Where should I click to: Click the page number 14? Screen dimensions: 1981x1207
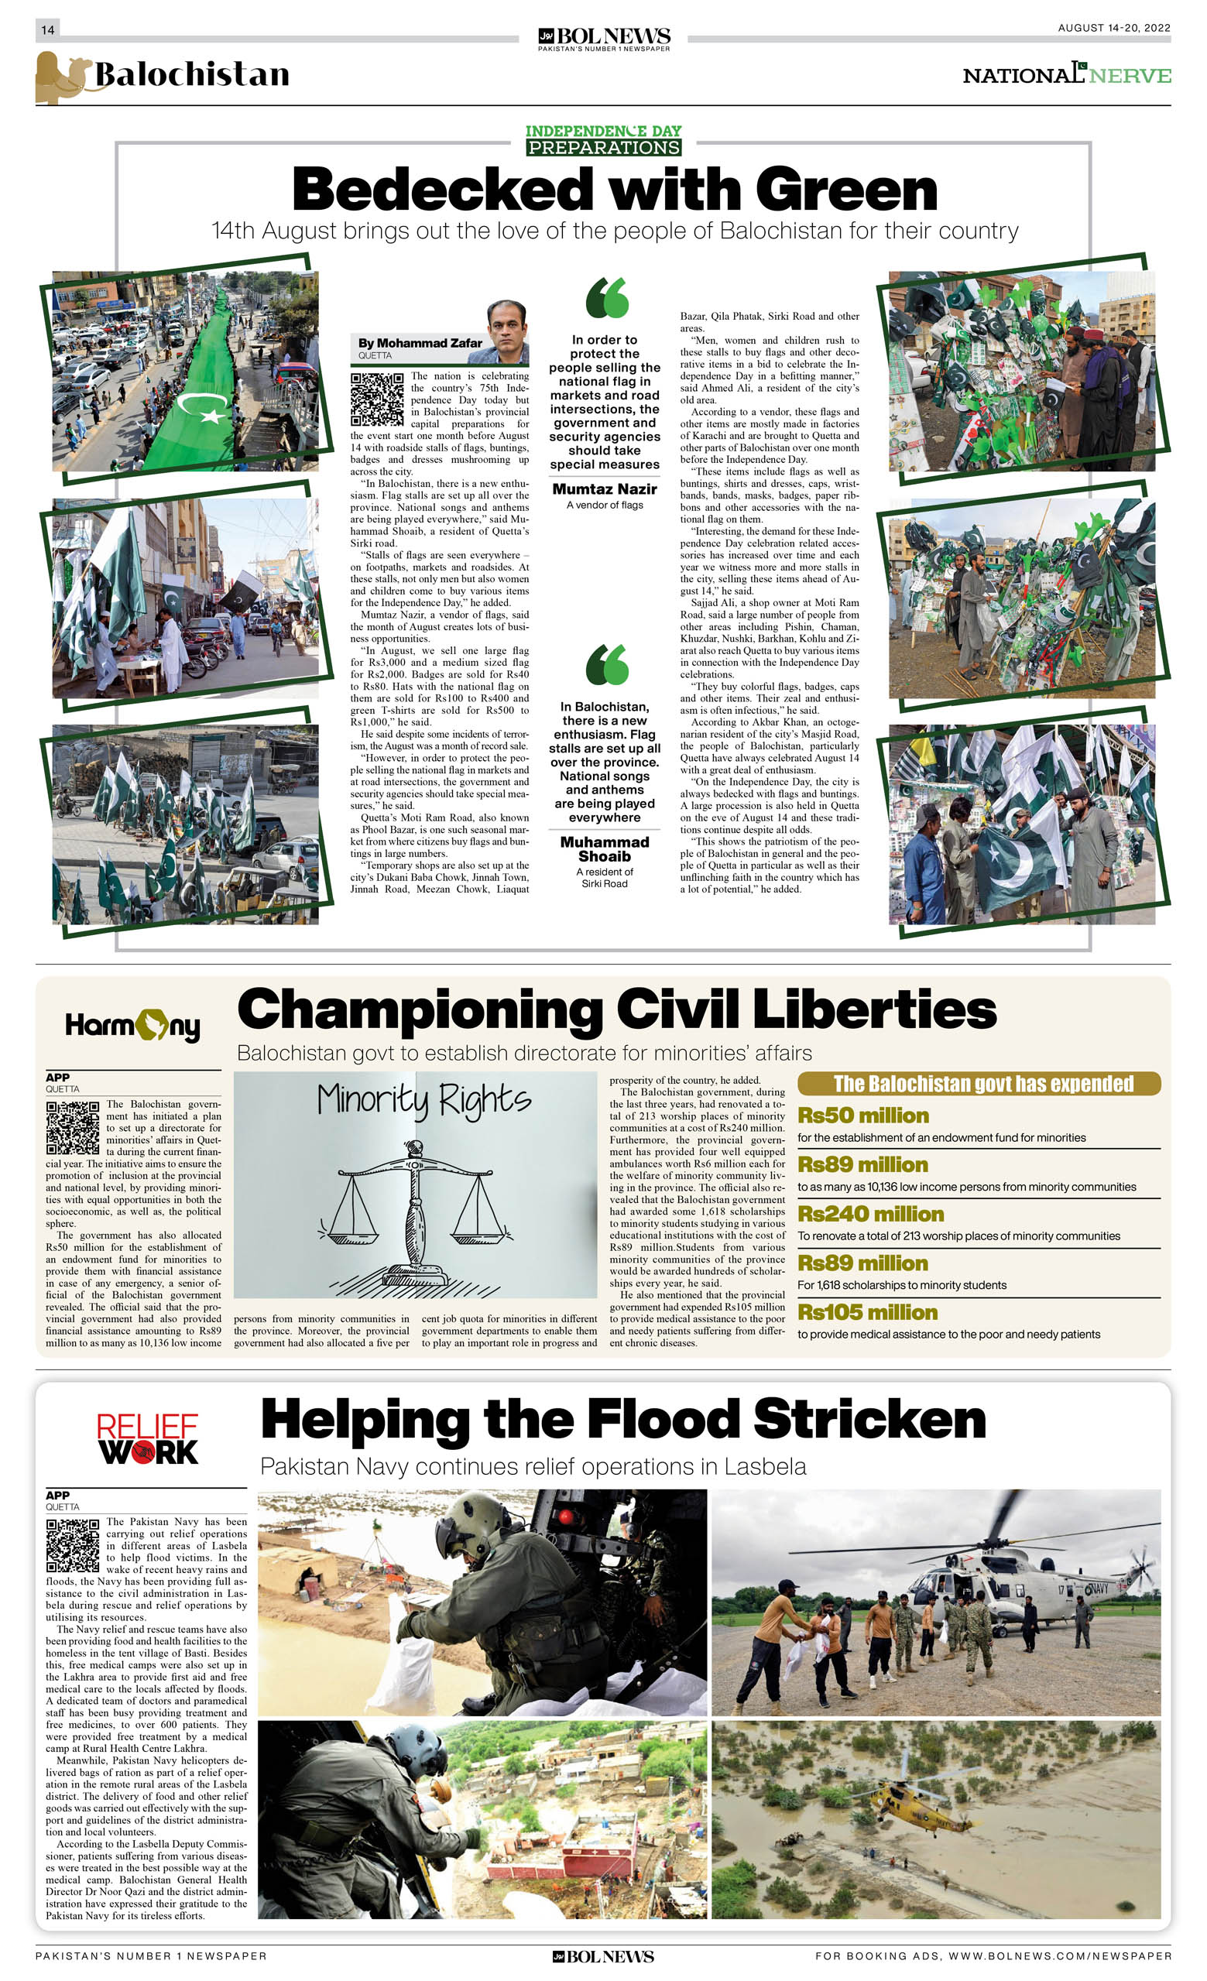pyautogui.click(x=47, y=29)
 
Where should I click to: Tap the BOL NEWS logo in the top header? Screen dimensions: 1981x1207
pyautogui.click(x=604, y=38)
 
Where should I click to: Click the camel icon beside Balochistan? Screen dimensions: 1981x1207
pyautogui.click(x=62, y=76)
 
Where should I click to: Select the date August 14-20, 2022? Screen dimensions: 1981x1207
pyautogui.click(x=1114, y=28)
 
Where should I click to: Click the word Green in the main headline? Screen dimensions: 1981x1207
pyautogui.click(x=847, y=190)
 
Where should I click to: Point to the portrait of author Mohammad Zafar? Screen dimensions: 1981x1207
pyautogui.click(x=507, y=332)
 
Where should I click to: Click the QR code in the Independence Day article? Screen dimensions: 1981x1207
pyautogui.click(x=377, y=399)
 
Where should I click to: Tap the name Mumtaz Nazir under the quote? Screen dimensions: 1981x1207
pyautogui.click(x=604, y=488)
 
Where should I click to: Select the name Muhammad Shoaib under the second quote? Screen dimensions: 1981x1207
pyautogui.click(x=604, y=849)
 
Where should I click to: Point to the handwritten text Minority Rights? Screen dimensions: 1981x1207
pyautogui.click(x=423, y=1099)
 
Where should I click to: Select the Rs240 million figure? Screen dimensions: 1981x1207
pyautogui.click(x=870, y=1214)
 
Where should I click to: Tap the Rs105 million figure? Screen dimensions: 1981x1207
pyautogui.click(x=867, y=1312)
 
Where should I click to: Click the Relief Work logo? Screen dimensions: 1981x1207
pyautogui.click(x=147, y=1439)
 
